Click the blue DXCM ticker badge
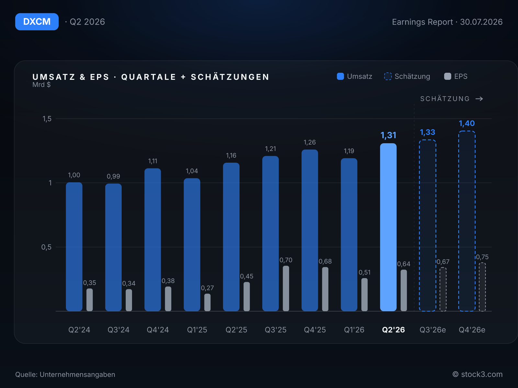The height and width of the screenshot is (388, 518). click(x=37, y=22)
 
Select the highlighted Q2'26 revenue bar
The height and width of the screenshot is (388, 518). click(x=388, y=227)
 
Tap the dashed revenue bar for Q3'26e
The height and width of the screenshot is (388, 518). click(x=427, y=226)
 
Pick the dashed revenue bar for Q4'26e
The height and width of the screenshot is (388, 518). click(x=467, y=221)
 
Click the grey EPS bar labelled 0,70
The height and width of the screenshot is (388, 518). click(x=286, y=289)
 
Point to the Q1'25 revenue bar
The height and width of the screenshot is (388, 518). click(x=192, y=245)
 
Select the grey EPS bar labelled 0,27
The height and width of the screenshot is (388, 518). click(x=208, y=303)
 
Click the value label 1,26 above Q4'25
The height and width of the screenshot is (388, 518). click(x=310, y=142)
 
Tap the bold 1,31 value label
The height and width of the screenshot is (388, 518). click(x=388, y=135)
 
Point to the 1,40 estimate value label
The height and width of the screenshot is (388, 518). click(x=467, y=124)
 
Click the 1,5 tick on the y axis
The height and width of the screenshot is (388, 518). click(x=47, y=119)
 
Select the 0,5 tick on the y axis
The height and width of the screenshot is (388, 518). click(x=46, y=247)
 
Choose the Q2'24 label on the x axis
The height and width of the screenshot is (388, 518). click(x=79, y=329)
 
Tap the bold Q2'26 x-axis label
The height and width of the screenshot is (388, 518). click(x=393, y=329)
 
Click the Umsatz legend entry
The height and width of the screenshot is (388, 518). click(x=355, y=76)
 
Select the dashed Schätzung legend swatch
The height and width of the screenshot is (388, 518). click(x=388, y=76)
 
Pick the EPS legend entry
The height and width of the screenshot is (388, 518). click(x=456, y=76)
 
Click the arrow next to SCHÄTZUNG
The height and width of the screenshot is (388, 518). click(x=479, y=99)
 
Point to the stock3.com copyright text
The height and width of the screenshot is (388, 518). click(x=478, y=374)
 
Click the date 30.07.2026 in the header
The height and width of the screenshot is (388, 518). click(x=481, y=22)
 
